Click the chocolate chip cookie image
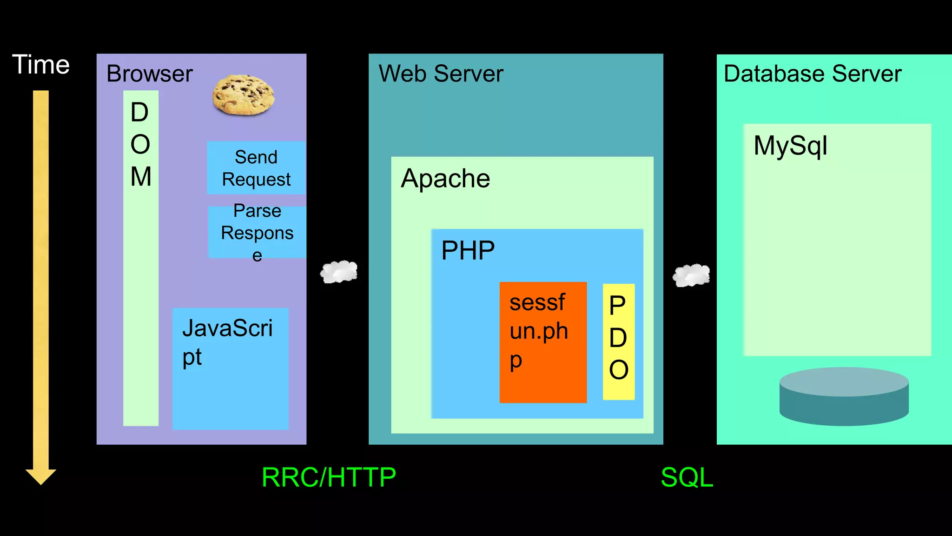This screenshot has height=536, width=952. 243,95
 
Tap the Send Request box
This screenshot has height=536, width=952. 256,168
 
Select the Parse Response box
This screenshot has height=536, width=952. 257,232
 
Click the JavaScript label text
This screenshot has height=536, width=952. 227,342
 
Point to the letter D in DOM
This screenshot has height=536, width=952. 139,113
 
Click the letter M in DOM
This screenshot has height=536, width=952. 141,177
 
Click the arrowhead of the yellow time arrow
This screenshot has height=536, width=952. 41,476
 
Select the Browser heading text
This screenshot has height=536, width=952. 149,74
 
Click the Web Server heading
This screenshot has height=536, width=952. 441,74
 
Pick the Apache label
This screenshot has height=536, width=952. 445,179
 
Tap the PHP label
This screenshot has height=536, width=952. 468,250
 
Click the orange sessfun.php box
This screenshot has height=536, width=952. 543,342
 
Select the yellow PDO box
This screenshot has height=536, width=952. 618,342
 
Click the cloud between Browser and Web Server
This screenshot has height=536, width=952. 339,272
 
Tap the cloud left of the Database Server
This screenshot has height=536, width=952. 691,275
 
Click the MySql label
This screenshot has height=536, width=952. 790,146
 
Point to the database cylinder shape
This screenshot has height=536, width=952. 844,396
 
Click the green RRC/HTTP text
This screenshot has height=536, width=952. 329,477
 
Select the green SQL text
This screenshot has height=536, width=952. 687,477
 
